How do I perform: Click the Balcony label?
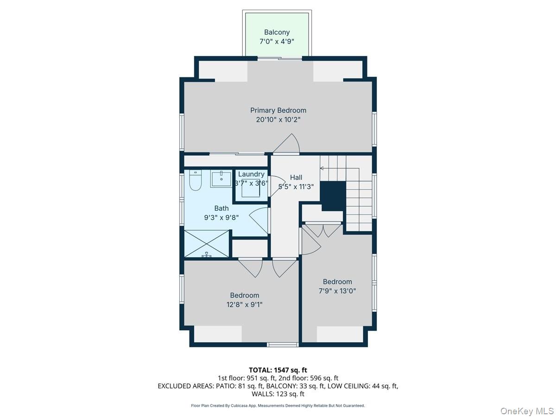point(277,32)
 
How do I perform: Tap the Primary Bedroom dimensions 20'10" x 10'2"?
point(278,120)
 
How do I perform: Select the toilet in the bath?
point(195,181)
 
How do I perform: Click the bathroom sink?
point(221,179)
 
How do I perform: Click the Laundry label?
point(251,174)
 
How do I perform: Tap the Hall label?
point(296,177)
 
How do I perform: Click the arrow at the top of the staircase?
point(322,168)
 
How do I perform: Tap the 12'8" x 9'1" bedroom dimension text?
point(245,304)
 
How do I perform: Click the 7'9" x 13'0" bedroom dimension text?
point(337,291)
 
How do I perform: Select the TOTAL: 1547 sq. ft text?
point(278,370)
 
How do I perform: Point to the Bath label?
point(221,208)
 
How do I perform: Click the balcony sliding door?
point(279,58)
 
